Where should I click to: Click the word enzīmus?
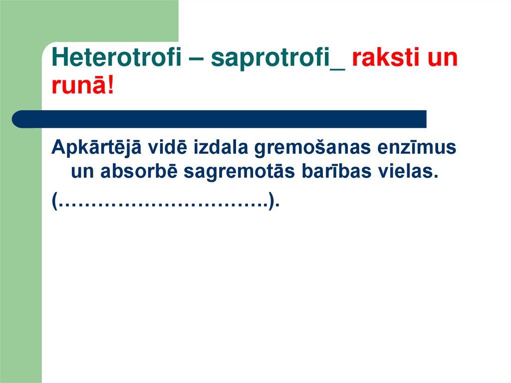424,148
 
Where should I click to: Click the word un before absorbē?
83,172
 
